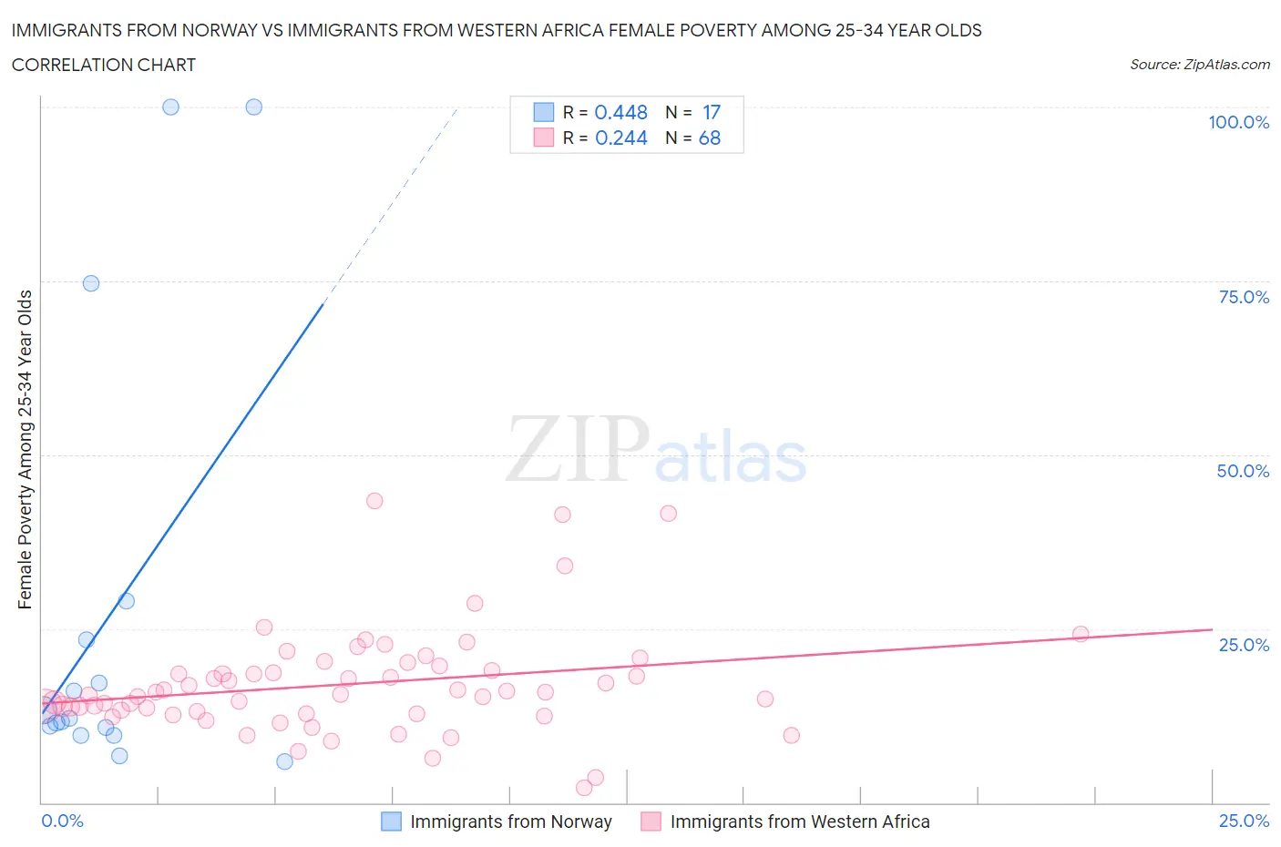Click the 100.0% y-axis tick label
point(1238,122)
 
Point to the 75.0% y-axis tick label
point(1244,297)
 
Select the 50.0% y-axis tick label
point(1243,471)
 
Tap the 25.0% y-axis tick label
point(1244,645)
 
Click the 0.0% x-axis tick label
point(63,821)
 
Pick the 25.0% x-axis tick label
point(1244,821)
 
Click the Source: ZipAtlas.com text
point(1199,65)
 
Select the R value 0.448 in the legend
point(620,112)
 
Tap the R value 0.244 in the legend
point(620,138)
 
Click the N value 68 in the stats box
point(709,138)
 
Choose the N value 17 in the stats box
point(711,112)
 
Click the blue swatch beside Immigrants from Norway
point(391,821)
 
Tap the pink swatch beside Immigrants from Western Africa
point(651,821)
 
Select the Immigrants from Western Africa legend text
point(800,821)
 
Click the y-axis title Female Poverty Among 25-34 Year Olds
point(26,449)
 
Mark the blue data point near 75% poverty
point(91,283)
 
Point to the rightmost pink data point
point(1081,634)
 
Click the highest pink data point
point(374,501)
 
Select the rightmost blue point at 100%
point(254,107)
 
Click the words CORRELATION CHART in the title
point(104,65)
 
